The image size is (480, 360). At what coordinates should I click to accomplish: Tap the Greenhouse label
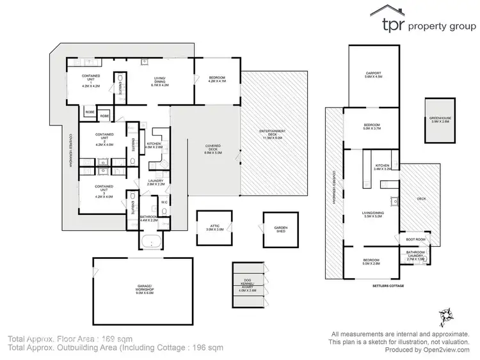pos(440,120)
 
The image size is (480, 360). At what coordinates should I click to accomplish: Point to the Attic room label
pos(212,227)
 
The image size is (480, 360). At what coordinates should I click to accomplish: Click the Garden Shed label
pos(280,229)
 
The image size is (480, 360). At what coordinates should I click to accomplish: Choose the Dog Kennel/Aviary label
pos(247,285)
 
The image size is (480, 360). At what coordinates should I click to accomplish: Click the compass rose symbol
pos(447,315)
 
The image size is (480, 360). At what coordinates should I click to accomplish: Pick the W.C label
pos(164,203)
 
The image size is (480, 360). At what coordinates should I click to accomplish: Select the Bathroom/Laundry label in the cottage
pos(415,256)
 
